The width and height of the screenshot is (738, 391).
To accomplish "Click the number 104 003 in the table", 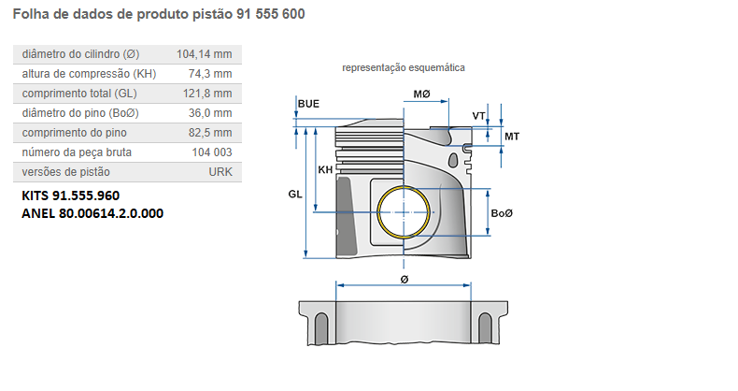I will coord(212,152).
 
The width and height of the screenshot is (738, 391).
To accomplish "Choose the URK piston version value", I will coord(220,172).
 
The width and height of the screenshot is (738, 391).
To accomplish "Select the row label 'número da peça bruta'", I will coord(77,152).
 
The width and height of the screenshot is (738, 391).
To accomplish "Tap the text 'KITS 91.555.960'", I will coord(70,196).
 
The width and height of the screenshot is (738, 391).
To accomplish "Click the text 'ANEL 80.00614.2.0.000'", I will coord(92,213).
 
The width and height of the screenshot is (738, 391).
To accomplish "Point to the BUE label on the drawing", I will coord(309,103).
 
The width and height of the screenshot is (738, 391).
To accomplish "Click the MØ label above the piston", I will coord(422,94).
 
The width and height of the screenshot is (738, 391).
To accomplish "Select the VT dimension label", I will coord(479,116).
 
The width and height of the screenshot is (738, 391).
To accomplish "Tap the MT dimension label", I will coord(512,137).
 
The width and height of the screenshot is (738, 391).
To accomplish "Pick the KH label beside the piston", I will coord(325,170).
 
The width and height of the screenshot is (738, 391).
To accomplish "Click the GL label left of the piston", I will coord(295,195).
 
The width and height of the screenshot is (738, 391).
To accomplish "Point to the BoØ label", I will coord(503,214).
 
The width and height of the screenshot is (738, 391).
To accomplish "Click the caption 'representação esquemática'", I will coord(404,67).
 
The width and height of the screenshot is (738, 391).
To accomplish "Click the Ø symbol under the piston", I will coord(404,279).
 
